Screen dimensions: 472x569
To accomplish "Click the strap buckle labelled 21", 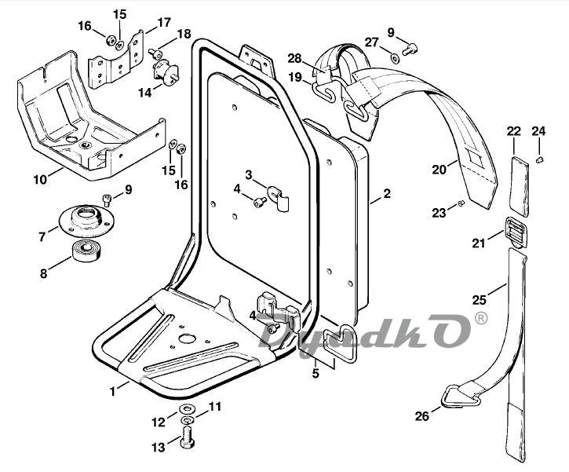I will pyautogui.click(x=515, y=232).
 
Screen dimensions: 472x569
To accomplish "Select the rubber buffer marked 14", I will pyautogui.click(x=166, y=74).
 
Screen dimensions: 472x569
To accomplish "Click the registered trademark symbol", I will pyautogui.click(x=480, y=320).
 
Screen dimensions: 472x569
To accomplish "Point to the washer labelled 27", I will pyautogui.click(x=394, y=57).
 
